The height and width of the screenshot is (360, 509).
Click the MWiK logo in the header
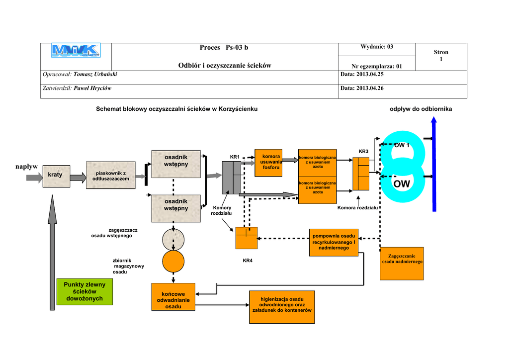point(76,50)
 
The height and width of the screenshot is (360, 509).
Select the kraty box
point(56,176)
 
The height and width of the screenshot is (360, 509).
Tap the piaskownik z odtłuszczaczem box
point(110,175)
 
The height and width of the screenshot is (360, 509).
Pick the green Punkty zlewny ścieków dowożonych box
point(85,291)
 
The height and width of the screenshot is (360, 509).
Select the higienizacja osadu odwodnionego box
point(282,304)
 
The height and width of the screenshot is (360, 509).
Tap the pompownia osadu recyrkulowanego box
point(334,242)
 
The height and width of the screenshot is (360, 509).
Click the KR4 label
point(248,261)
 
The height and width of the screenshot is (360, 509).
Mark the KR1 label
point(235,157)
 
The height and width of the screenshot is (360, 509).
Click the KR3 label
point(363,151)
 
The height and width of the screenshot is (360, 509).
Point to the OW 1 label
point(402,146)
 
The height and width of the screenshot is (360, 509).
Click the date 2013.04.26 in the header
point(362,88)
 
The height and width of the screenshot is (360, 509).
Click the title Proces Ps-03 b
point(224,48)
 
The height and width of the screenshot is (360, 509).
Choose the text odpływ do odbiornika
point(421,109)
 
